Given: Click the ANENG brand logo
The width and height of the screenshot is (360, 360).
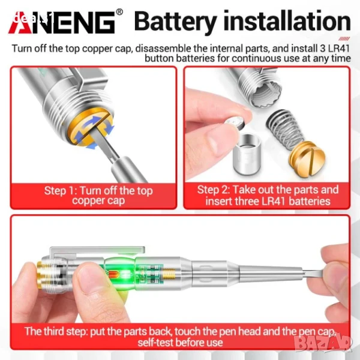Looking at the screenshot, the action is tap(62, 23).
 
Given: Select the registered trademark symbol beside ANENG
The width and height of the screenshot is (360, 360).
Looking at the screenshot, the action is tap(119, 12).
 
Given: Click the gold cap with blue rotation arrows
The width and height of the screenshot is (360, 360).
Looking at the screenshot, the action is tap(91, 130).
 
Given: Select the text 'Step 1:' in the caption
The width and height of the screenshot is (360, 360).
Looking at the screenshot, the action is tap(61, 191).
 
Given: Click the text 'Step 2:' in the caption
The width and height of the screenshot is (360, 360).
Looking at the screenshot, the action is tap(214, 190).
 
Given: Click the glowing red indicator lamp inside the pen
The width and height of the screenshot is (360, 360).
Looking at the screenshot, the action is tap(113, 274).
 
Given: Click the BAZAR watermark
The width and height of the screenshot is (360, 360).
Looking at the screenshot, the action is tap(323, 343).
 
